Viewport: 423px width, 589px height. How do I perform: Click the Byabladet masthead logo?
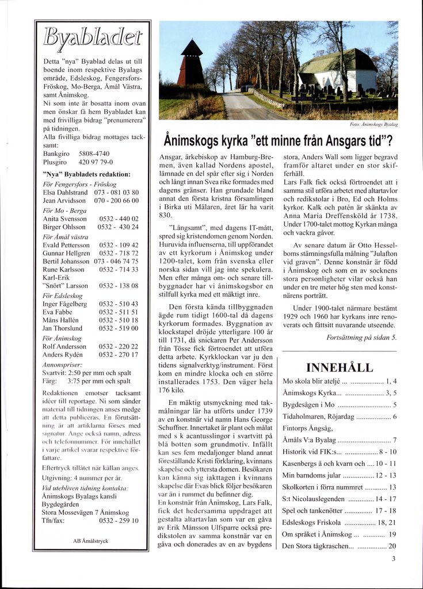pos(92,39)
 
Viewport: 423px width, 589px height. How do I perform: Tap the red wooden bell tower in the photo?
pos(191,65)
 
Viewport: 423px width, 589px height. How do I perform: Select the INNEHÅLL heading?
pos(340,368)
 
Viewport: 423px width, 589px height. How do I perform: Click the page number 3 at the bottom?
pos(393,558)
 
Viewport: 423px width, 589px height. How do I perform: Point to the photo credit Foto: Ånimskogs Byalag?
pos(374,124)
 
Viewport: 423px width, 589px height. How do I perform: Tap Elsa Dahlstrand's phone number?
pos(116,192)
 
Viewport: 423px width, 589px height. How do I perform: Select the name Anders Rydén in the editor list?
pos(63,355)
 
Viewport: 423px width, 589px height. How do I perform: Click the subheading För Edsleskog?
pos(63,295)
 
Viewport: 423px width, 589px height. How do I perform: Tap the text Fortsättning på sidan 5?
pos(361,338)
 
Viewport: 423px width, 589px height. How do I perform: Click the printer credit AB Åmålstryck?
pos(91,541)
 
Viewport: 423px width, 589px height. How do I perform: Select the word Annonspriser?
pos(63,364)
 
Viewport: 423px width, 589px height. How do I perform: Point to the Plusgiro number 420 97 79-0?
pos(95,162)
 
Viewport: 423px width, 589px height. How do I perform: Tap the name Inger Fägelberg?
pos(65,304)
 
